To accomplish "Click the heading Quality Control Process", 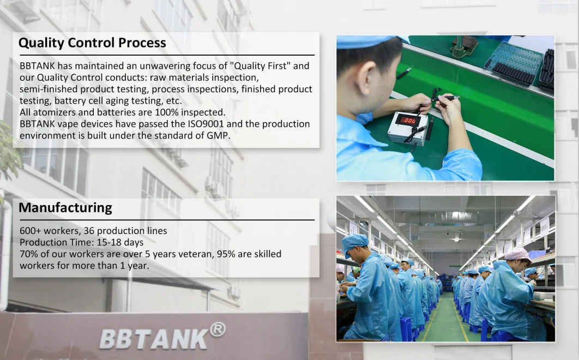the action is (92, 43).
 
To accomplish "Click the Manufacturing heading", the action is (65, 208).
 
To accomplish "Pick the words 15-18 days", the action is (120, 243).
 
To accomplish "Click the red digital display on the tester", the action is (408, 120).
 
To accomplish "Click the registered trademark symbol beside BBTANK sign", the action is (218, 329).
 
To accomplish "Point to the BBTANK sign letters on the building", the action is (154, 339).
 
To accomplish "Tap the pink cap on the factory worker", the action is (517, 254).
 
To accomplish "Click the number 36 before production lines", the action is (89, 231).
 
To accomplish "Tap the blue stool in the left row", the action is (406, 329).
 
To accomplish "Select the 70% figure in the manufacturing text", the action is (29, 254).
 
